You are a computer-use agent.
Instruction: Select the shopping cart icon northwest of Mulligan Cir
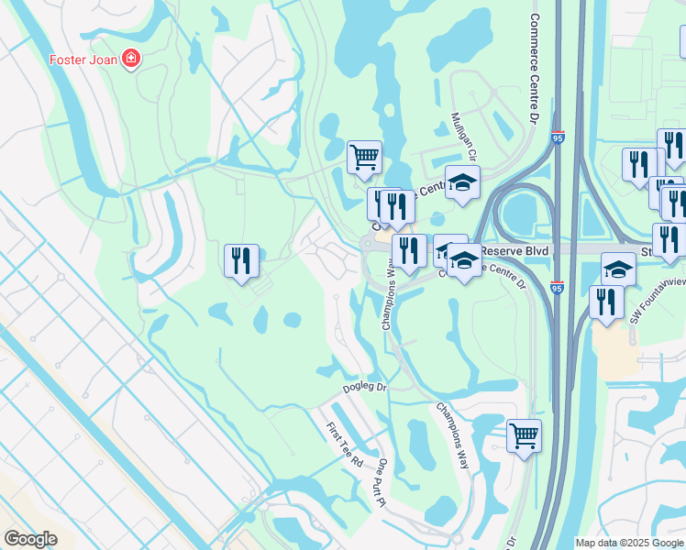(365, 157)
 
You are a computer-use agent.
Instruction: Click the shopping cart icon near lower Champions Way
(524, 435)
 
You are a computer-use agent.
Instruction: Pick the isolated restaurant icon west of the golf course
(240, 260)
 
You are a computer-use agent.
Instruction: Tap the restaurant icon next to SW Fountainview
(606, 302)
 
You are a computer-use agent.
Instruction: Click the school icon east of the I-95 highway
(619, 269)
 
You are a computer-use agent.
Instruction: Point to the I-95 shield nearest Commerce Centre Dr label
(558, 137)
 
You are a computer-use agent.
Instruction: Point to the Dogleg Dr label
(366, 389)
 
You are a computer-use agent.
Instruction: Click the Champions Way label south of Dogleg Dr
(453, 435)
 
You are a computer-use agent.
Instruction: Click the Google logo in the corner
(30, 539)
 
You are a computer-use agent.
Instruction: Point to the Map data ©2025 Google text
(629, 543)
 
